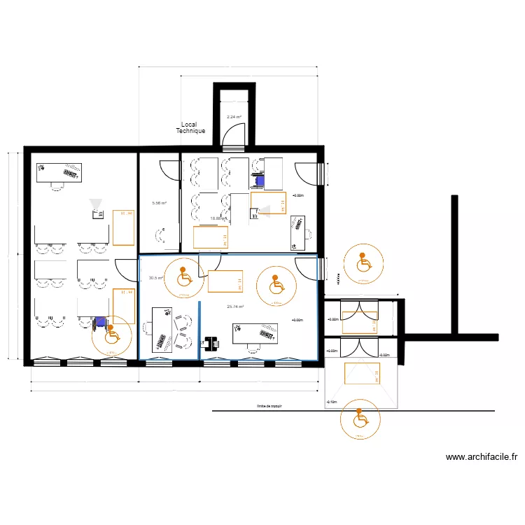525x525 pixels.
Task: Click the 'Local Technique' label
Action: [x=190, y=128]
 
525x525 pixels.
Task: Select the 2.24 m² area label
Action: [x=233, y=117]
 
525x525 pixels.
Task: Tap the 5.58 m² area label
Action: [x=160, y=203]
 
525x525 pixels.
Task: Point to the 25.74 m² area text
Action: [x=236, y=307]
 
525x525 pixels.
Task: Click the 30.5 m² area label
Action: [x=155, y=278]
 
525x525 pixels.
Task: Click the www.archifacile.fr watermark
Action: [x=481, y=457]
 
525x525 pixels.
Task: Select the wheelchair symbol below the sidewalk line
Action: [x=358, y=419]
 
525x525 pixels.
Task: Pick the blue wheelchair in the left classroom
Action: [x=100, y=322]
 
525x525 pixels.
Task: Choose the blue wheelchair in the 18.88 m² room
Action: [x=260, y=180]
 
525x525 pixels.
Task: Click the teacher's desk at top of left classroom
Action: [x=59, y=171]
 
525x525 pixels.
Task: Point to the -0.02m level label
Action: [x=384, y=355]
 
